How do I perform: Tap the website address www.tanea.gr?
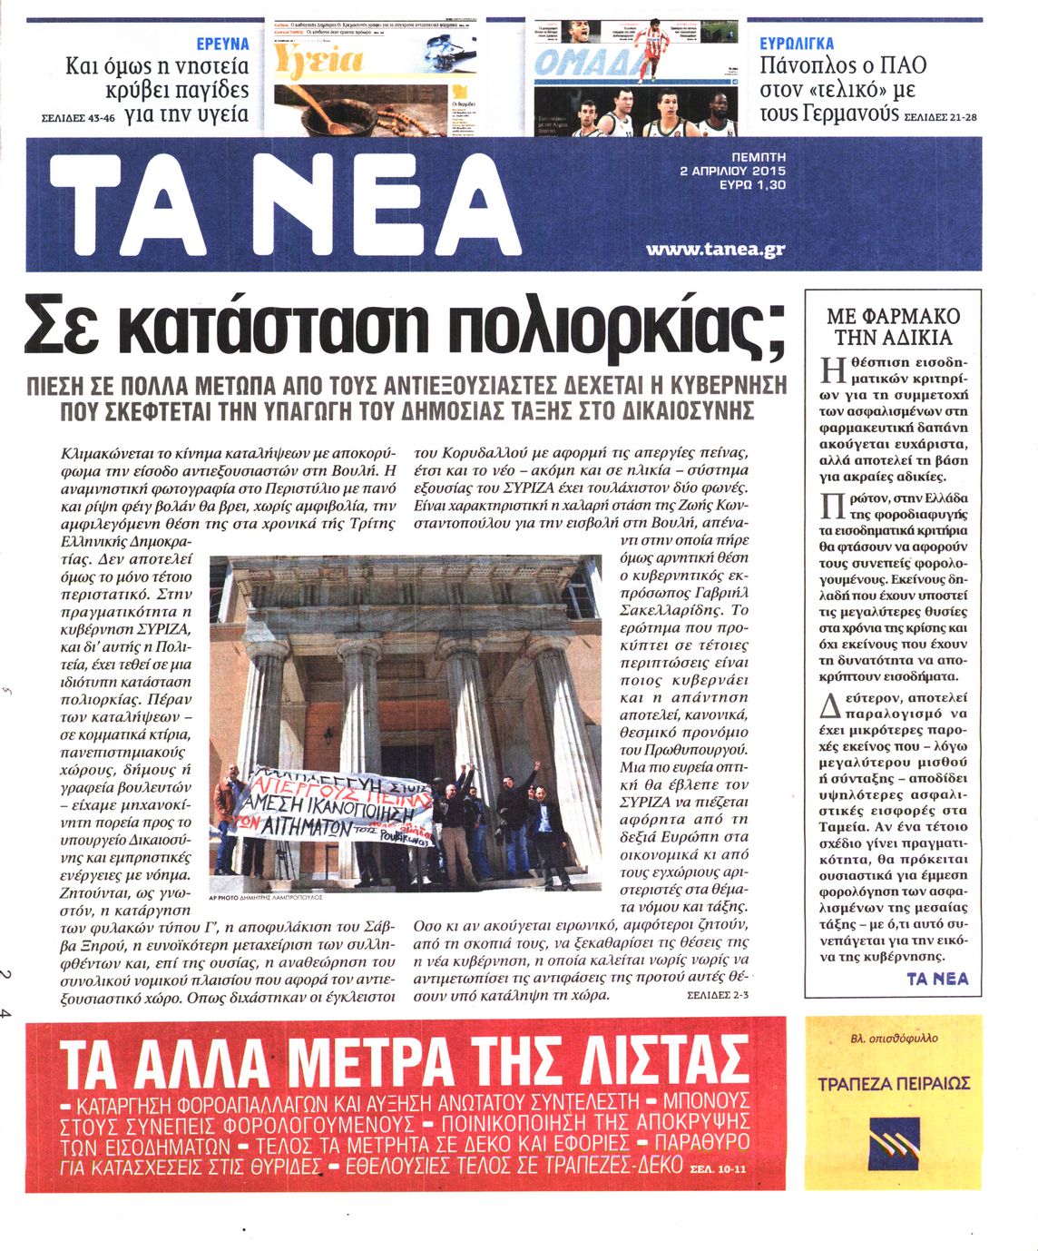pyautogui.click(x=715, y=249)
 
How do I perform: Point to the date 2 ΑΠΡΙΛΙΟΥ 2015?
pyautogui.click(x=732, y=171)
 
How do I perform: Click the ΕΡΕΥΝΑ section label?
pyautogui.click(x=222, y=44)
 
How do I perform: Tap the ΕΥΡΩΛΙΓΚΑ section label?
pyautogui.click(x=797, y=44)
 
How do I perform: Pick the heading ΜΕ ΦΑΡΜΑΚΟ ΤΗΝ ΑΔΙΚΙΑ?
pyautogui.click(x=893, y=327)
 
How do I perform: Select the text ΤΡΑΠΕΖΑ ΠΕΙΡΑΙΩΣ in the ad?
pyautogui.click(x=894, y=1083)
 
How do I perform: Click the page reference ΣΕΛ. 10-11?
pyautogui.click(x=720, y=1168)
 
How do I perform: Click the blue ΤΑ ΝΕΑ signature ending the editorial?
pyautogui.click(x=937, y=978)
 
